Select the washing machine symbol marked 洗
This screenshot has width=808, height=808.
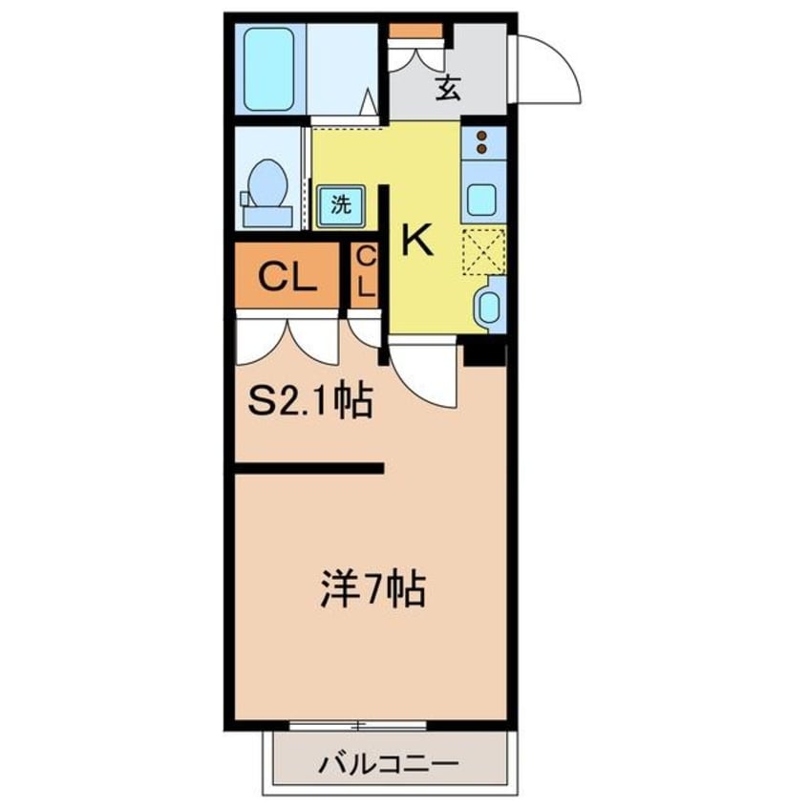coord(341,202)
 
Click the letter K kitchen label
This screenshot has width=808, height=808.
coord(416,239)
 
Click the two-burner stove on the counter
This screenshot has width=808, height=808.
coord(484,141)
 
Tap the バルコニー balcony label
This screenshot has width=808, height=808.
coord(390,763)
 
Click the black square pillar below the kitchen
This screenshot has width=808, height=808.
coord(485,351)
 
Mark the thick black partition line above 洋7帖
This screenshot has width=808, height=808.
coord(308,468)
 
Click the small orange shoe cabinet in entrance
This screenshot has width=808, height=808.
coord(417,31)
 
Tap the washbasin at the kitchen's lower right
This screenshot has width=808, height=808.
coord(488,305)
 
